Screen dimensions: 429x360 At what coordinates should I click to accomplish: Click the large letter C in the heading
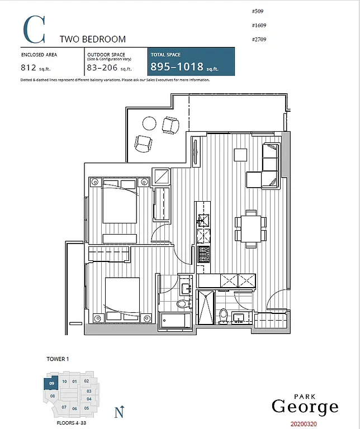click(x=35, y=30)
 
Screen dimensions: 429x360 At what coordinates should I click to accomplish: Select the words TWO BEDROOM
click(x=92, y=39)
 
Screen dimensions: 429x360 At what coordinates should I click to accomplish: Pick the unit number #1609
click(x=260, y=26)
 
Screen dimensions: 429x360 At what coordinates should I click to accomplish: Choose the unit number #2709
click(x=260, y=41)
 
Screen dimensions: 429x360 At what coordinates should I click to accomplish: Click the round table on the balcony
click(x=150, y=122)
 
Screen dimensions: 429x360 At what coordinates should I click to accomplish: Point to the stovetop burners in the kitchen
click(x=203, y=255)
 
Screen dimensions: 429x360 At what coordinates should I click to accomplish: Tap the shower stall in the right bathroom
click(x=206, y=307)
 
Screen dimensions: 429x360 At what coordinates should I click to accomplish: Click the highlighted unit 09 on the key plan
click(x=51, y=384)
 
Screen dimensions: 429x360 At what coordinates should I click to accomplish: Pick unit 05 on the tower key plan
click(x=87, y=408)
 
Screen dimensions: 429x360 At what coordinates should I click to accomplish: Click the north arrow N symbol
click(x=119, y=413)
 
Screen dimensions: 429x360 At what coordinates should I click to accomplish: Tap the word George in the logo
click(x=305, y=407)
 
